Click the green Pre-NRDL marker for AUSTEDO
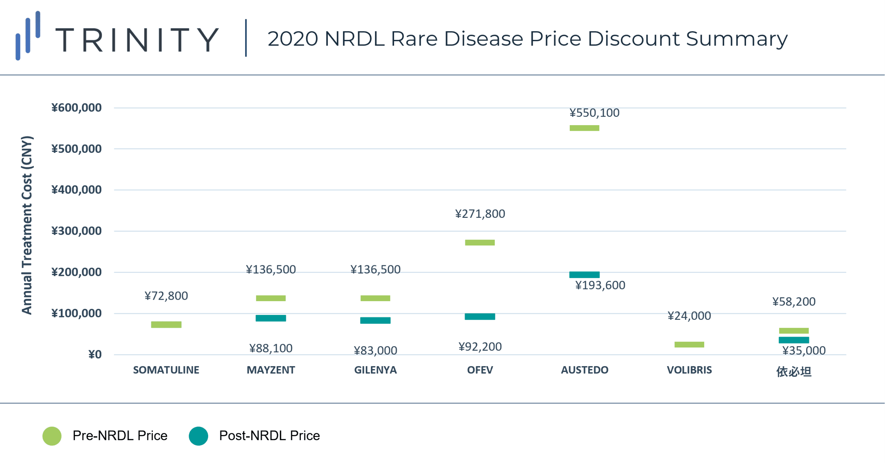[584, 128]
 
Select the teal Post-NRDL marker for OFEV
[480, 316]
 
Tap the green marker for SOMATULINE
[166, 324]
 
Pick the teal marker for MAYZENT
[271, 318]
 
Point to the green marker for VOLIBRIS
[689, 344]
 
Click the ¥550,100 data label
[594, 113]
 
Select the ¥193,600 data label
[600, 285]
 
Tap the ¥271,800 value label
[480, 214]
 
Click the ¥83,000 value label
[375, 351]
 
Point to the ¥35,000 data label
[804, 351]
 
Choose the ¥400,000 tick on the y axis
[76, 190]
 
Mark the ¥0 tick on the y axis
[95, 354]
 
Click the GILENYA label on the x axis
[375, 370]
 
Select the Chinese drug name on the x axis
[794, 371]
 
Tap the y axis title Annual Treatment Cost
[27, 225]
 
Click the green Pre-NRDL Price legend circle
[52, 436]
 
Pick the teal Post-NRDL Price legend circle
[198, 436]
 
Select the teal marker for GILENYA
[375, 321]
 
